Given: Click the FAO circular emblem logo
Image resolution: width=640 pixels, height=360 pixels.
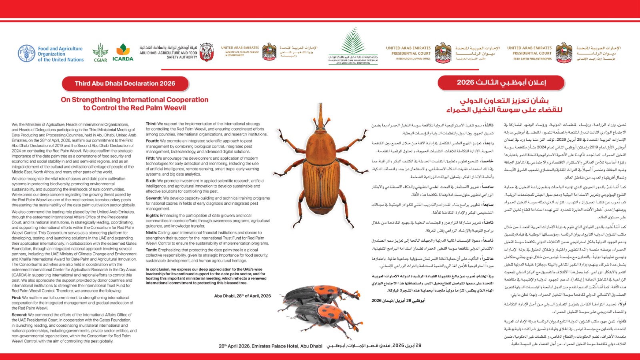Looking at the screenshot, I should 26,54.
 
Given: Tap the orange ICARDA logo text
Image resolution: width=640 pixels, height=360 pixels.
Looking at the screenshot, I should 123,59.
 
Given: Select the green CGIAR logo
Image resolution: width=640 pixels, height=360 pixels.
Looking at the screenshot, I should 100,53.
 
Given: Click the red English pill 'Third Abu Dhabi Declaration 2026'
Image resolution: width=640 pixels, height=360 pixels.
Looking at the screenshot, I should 125,84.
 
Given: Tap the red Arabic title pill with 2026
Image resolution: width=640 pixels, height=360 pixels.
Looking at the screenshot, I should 501,82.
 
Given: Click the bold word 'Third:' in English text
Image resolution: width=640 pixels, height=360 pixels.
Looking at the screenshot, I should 151,124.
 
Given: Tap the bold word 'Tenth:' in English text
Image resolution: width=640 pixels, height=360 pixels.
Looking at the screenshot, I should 152,250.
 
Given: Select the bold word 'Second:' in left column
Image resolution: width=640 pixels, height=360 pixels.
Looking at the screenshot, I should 19,315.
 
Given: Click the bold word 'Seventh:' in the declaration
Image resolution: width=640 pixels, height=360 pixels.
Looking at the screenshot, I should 154,198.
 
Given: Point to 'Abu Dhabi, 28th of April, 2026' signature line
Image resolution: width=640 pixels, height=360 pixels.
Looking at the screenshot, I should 242,296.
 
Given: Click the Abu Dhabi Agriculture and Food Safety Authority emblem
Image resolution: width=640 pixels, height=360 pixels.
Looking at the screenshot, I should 206,52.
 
